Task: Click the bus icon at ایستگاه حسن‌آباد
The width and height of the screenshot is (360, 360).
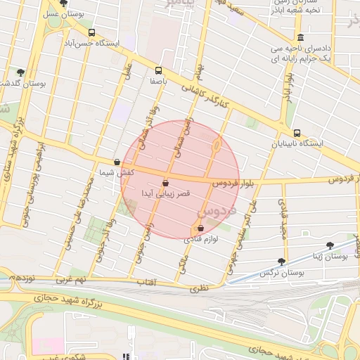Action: click(92, 32)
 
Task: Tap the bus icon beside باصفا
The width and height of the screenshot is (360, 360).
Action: click(158, 70)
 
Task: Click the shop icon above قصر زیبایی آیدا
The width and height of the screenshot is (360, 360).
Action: click(165, 183)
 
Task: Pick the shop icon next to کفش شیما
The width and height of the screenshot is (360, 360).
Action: click(117, 162)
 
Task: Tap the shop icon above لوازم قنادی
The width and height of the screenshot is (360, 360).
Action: click(201, 229)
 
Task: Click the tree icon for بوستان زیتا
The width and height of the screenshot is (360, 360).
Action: click(330, 245)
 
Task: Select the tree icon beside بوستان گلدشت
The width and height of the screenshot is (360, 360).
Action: click(21, 72)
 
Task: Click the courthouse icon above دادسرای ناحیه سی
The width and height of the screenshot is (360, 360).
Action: click(301, 37)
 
